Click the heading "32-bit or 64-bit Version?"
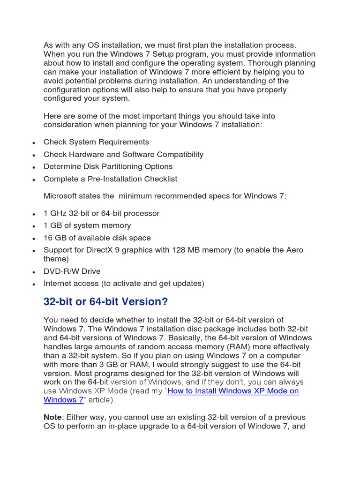point(105,302)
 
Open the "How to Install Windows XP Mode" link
point(233,391)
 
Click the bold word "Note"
point(52,417)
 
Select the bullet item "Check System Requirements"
point(96,142)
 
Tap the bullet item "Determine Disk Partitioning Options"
point(108,166)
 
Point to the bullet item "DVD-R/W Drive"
point(72,271)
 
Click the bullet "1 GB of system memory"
point(87,225)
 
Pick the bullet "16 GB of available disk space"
point(97,238)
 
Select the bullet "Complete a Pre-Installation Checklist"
point(110,179)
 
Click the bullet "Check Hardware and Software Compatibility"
point(123,154)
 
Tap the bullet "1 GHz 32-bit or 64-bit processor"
point(101,213)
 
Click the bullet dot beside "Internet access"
point(34,284)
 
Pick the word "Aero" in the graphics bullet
point(294,250)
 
